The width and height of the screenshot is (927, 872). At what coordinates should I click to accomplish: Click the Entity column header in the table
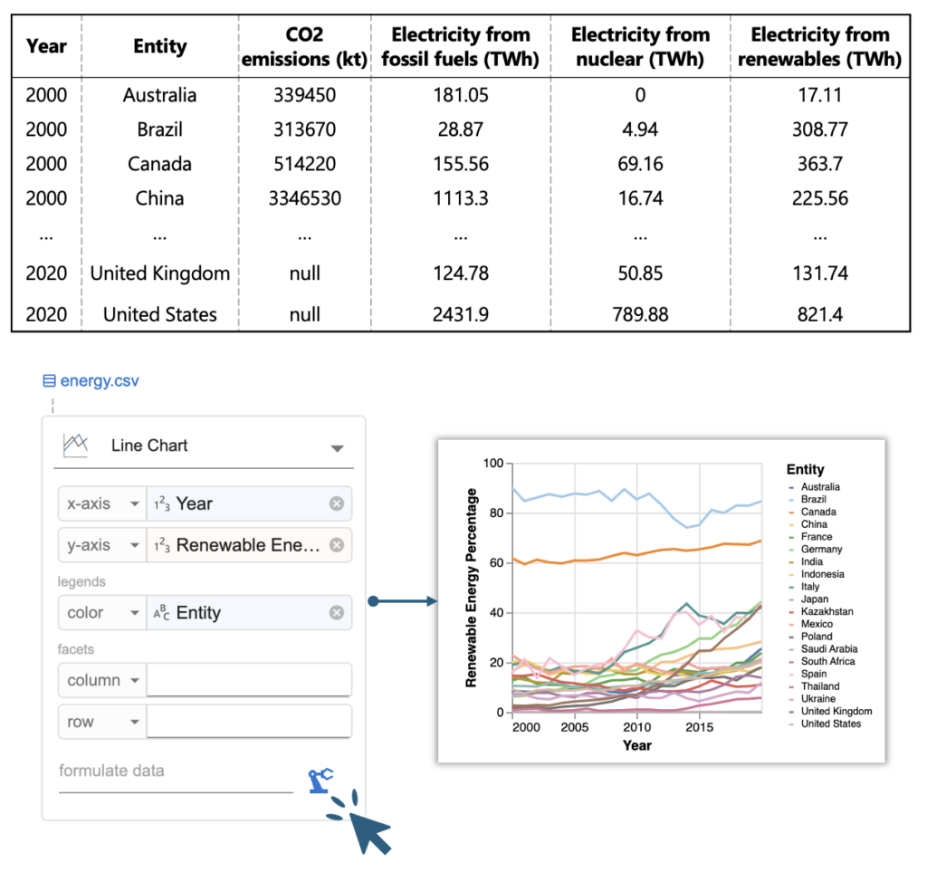pyautogui.click(x=159, y=46)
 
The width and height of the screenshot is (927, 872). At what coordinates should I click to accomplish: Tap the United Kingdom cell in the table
pyautogui.click(x=159, y=273)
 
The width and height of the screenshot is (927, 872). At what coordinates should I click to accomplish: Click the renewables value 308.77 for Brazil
pyautogui.click(x=819, y=129)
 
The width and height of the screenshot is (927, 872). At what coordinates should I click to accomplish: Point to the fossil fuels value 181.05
pyautogui.click(x=460, y=95)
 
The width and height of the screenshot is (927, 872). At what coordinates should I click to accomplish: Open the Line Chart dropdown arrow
pyautogui.click(x=337, y=447)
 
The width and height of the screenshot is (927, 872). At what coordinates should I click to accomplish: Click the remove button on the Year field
pyautogui.click(x=336, y=503)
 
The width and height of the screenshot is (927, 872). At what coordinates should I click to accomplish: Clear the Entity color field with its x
pyautogui.click(x=336, y=613)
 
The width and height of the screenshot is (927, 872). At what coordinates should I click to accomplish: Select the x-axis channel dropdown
pyautogui.click(x=100, y=503)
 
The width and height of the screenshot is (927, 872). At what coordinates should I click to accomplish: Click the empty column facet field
pyautogui.click(x=249, y=680)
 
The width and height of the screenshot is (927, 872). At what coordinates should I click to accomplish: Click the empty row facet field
pyautogui.click(x=249, y=722)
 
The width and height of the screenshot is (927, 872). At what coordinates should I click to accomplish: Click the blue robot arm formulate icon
pyautogui.click(x=320, y=780)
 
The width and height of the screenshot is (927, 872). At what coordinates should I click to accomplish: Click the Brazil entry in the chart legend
pyautogui.click(x=813, y=499)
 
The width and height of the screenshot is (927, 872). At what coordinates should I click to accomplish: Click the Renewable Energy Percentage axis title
pyautogui.click(x=472, y=588)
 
